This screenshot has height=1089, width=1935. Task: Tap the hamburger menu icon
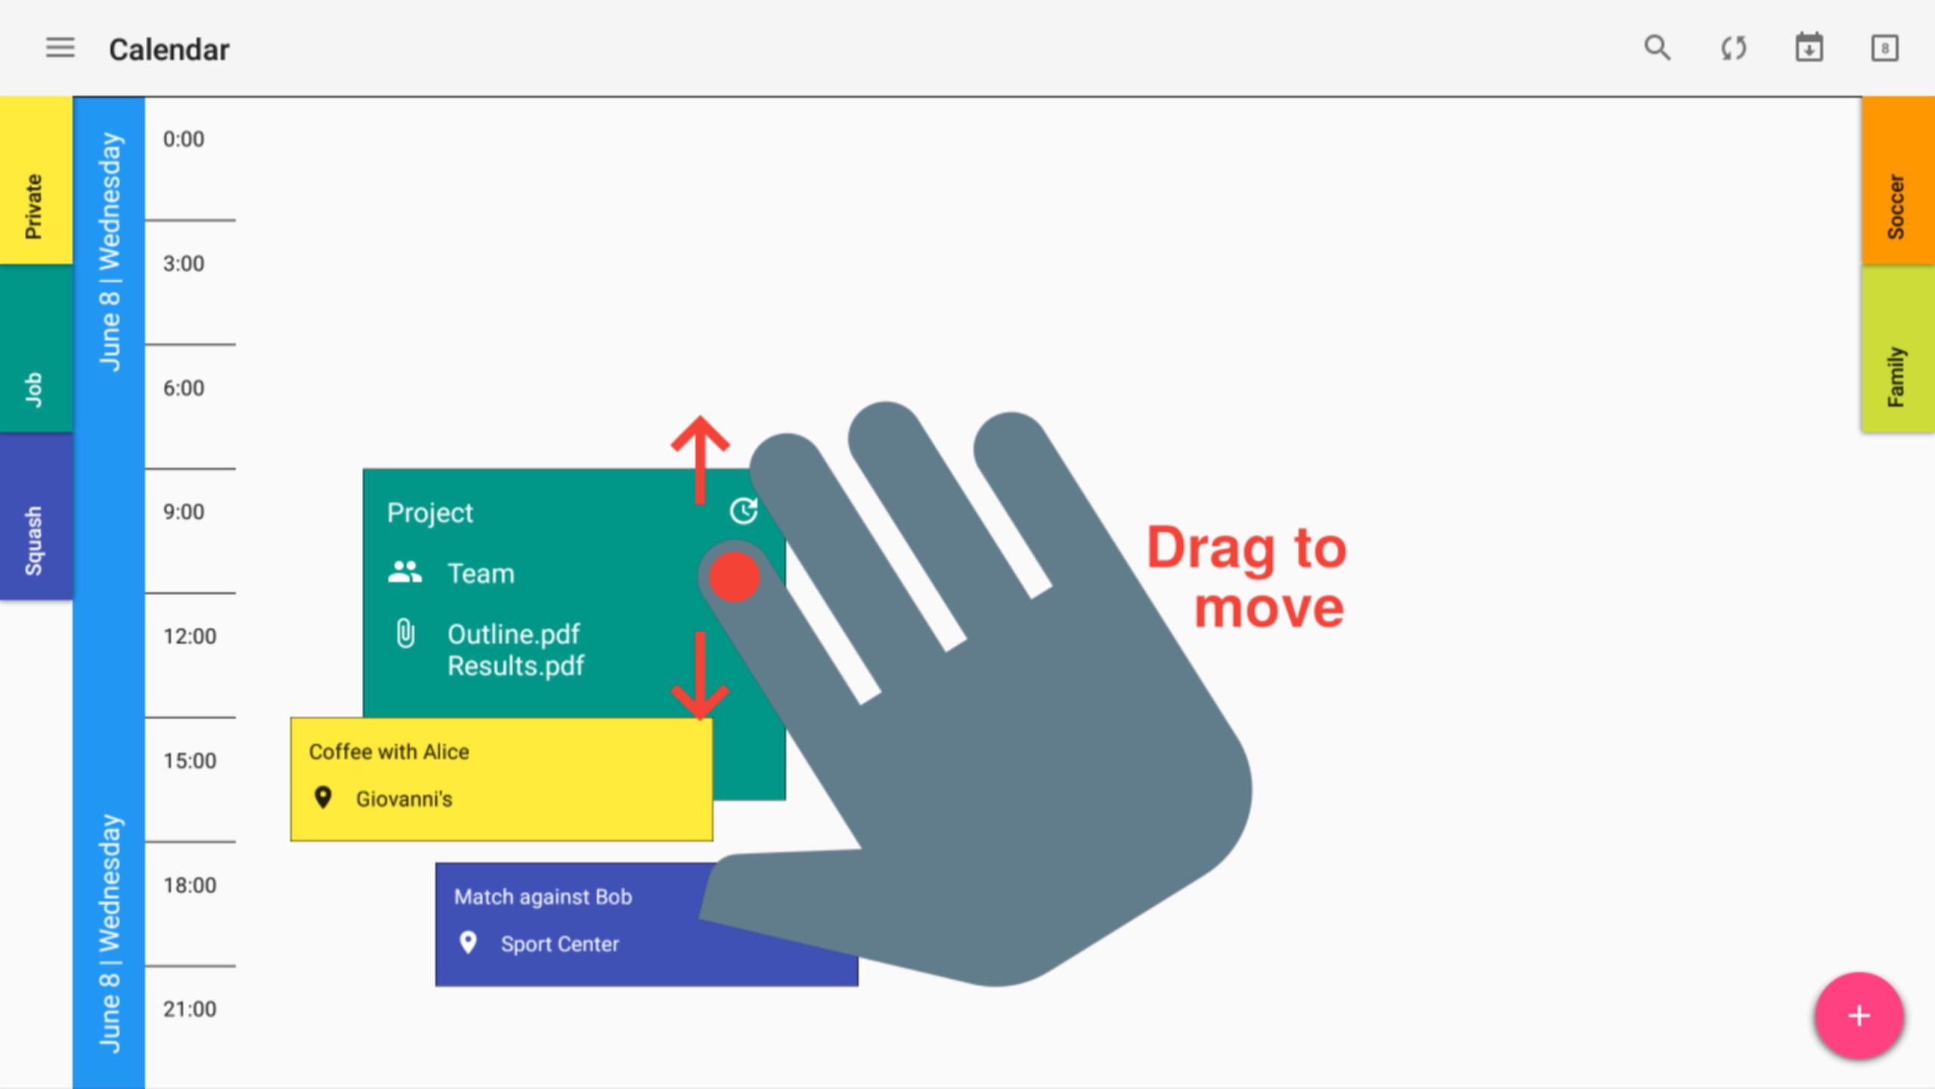[x=60, y=48]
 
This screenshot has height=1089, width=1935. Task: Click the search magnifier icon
[x=1657, y=48]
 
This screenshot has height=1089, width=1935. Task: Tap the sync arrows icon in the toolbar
[x=1734, y=48]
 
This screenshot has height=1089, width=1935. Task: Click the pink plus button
[x=1859, y=1016]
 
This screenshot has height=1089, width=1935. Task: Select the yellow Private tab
[x=36, y=180]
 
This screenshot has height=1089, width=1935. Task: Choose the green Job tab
[x=36, y=349]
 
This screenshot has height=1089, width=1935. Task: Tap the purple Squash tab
[x=36, y=517]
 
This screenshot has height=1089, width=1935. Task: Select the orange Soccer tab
[x=1898, y=180]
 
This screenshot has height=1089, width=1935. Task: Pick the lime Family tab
[x=1898, y=349]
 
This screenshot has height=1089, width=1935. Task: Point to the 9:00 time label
[x=184, y=512]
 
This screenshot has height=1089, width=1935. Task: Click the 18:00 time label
[x=190, y=885]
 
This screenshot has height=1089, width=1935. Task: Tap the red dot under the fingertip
[x=734, y=577]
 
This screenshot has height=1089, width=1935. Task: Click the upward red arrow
[x=700, y=460]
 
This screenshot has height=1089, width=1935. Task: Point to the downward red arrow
[x=700, y=676]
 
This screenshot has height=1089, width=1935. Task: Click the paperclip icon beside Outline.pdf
[x=406, y=634]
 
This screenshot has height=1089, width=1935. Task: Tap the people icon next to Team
[x=405, y=572]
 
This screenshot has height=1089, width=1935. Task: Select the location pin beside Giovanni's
[x=323, y=797]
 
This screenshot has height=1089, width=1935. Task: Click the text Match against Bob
[x=543, y=897]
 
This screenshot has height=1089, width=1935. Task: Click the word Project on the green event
[x=430, y=513]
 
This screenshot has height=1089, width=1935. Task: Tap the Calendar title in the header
[x=169, y=50]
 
